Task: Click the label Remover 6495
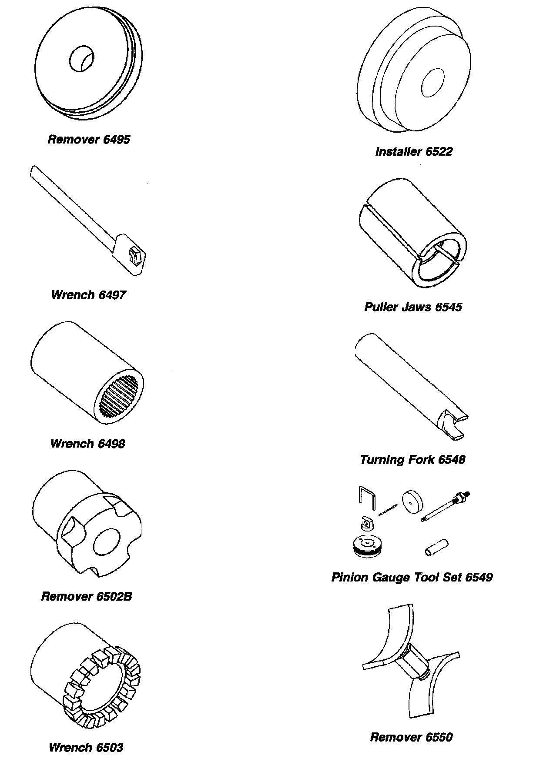89,140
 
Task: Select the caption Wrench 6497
88,295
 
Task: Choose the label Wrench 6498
87,444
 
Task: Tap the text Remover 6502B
86,596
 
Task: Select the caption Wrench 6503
86,748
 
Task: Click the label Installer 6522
414,152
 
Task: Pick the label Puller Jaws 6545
413,307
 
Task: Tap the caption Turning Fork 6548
412,460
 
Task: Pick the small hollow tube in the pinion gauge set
436,547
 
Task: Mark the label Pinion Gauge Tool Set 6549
412,578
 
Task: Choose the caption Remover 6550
411,737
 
